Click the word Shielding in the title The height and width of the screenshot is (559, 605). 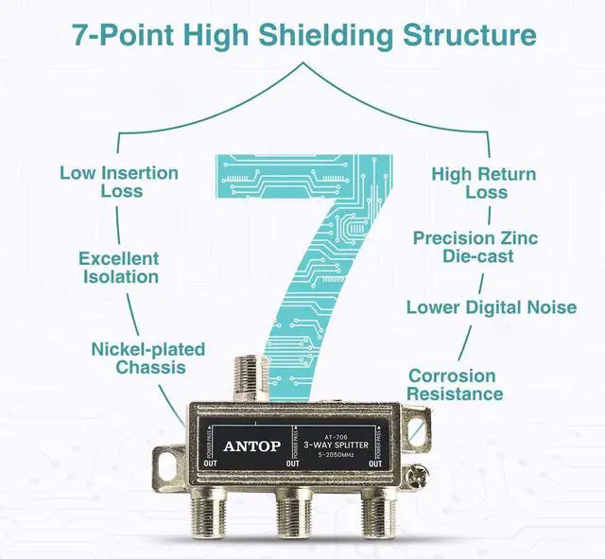[316, 35]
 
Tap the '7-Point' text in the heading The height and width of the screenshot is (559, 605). [117, 35]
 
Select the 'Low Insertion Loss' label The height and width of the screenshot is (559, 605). [119, 182]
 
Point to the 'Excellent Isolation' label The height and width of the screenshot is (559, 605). [118, 268]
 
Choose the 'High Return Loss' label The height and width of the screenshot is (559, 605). [484, 183]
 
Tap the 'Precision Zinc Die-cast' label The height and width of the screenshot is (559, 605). [475, 248]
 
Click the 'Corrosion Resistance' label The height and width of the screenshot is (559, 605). [456, 384]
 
